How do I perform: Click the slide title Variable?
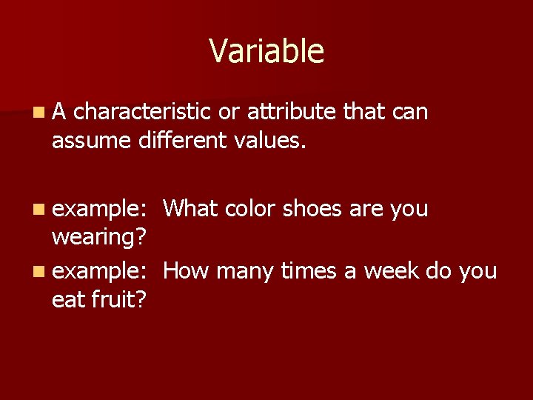click(x=266, y=51)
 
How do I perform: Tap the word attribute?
click(x=292, y=112)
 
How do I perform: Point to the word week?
click(x=389, y=271)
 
